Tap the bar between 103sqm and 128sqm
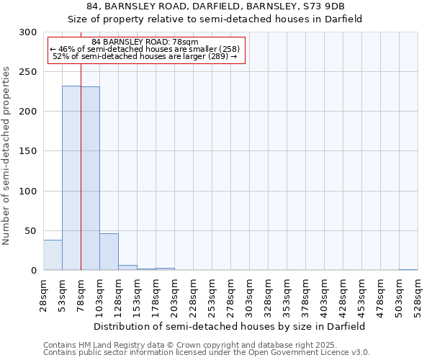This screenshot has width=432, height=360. tap(109, 252)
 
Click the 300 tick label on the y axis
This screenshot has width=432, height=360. tap(28, 32)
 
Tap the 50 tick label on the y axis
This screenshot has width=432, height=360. tap(31, 231)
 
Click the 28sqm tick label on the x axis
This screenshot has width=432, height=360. tap(43, 294)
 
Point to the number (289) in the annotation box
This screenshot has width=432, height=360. tap(216, 56)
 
